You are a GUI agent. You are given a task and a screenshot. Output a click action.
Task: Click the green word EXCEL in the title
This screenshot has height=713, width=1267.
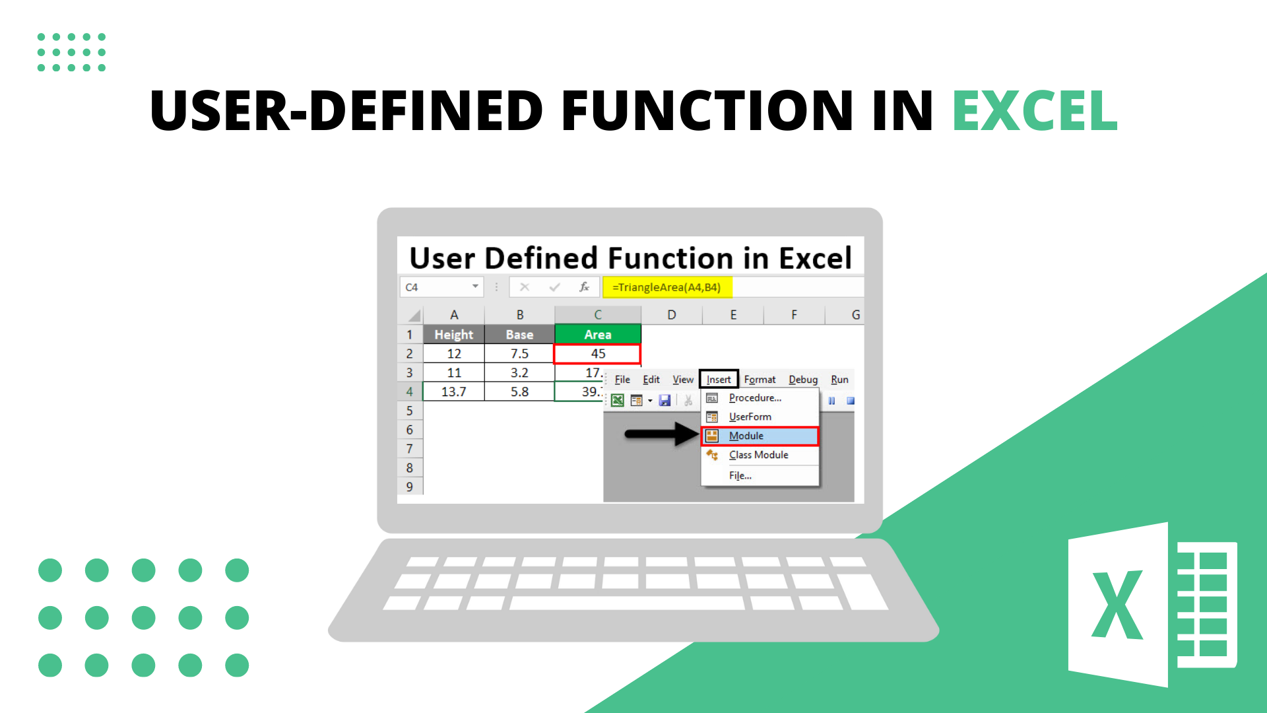[x=1035, y=110]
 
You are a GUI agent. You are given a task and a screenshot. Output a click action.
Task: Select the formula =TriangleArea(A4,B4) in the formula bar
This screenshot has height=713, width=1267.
[x=666, y=287]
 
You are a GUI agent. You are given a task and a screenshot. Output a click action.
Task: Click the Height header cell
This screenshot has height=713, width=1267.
[x=453, y=334]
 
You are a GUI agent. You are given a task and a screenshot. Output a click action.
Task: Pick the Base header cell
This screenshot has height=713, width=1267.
[x=519, y=334]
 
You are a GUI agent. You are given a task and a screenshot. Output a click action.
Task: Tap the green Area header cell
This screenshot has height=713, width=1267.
[x=598, y=334]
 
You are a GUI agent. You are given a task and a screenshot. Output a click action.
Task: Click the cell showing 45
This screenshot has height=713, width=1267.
[x=597, y=354]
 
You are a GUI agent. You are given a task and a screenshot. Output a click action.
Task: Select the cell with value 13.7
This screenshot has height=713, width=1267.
[x=453, y=391]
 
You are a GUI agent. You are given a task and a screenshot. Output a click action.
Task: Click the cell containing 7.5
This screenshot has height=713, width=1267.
[x=519, y=354]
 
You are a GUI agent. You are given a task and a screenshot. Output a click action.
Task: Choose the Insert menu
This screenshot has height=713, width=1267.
[x=719, y=379]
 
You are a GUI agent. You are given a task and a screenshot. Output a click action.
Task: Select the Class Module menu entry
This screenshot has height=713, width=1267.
[x=759, y=455]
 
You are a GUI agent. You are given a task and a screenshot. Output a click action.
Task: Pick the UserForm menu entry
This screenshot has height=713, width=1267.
[x=750, y=417]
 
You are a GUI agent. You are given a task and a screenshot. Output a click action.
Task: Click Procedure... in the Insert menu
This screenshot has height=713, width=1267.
[x=755, y=397]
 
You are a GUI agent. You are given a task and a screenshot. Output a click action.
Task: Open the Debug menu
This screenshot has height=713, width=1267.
[x=803, y=379]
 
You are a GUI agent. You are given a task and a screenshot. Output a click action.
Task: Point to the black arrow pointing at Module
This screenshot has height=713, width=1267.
[x=661, y=434]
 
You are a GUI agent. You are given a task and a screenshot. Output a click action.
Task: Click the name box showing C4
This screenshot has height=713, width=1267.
[x=441, y=287]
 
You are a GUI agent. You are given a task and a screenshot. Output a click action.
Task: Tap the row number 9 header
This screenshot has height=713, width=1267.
[x=410, y=487]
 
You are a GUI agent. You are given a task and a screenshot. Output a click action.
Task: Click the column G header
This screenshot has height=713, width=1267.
[x=855, y=315]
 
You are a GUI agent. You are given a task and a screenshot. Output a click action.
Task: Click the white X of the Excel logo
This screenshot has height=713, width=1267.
[x=1117, y=605]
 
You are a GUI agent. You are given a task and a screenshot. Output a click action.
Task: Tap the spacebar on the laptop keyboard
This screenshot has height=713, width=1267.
[x=626, y=603]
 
